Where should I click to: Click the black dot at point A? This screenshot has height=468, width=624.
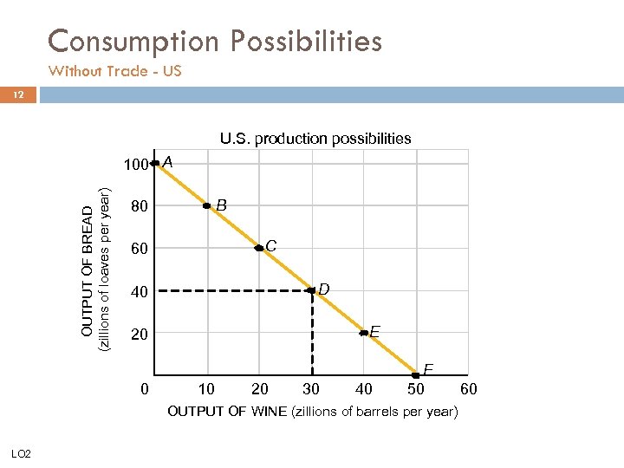point(155,162)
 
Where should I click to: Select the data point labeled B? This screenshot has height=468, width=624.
point(207,205)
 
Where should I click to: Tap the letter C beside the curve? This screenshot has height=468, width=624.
point(271,246)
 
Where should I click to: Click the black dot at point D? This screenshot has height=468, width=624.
point(311,290)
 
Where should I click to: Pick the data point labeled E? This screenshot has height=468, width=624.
point(364,332)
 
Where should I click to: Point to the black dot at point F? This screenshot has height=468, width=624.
point(416,374)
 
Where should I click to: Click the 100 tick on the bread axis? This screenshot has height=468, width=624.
point(133,165)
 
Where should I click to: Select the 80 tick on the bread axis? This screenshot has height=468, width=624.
point(138,207)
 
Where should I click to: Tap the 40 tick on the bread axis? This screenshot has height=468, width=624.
point(138,292)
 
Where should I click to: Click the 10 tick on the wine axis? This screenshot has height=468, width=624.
point(207,389)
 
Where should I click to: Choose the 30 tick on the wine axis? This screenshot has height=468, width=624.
point(311,389)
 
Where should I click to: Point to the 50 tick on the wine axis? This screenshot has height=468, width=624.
point(416,389)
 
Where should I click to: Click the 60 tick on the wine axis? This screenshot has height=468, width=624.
point(468,389)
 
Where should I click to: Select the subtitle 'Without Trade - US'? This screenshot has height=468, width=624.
point(114,71)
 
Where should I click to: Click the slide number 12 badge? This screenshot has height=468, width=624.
point(18,94)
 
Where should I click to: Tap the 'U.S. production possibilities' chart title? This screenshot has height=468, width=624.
point(315,138)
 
